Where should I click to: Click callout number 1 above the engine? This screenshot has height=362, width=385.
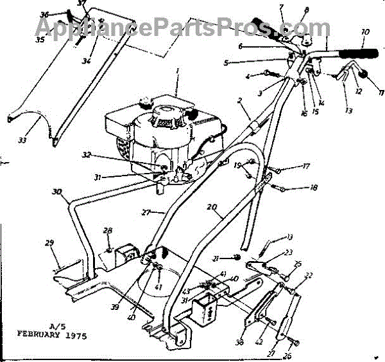coord(177,69)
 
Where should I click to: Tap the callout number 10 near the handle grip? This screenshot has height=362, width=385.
coord(365,32)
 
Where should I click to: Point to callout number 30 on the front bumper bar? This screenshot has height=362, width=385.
coord(57,191)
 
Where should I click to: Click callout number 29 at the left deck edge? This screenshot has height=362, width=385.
coord(49,243)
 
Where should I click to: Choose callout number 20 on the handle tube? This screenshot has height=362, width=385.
coord(211,207)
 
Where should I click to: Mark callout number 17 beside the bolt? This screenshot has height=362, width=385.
coord(305,167)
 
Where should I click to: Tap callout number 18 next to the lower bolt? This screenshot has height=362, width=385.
coord(313,188)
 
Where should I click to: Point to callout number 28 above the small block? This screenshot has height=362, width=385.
coord(108,230)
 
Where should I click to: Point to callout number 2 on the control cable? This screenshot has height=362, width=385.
coord(239,101)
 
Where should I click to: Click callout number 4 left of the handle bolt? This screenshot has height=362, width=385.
coord(248,77)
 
